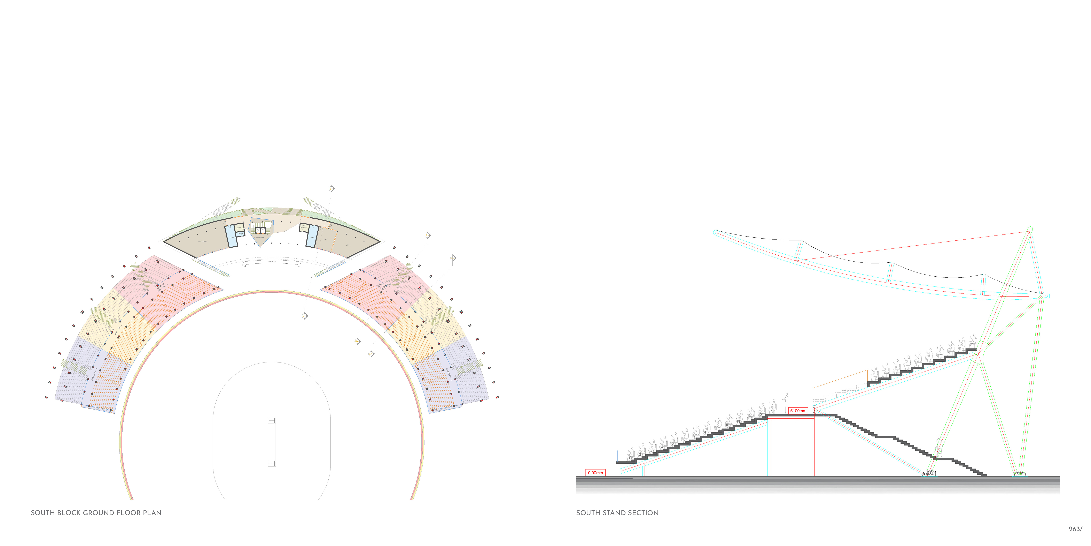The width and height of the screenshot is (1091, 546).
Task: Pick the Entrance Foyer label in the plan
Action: coord(259,238)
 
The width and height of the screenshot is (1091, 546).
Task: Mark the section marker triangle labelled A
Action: coord(331,189)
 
